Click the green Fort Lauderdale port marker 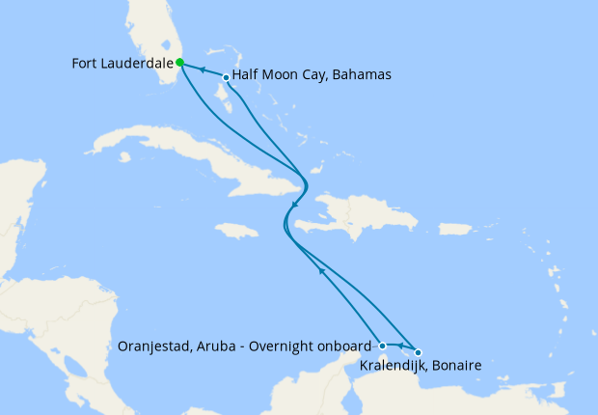point(180,63)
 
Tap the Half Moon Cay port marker point(226,77)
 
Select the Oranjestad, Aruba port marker point(383,346)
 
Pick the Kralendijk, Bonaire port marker point(418,352)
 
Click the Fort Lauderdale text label point(122,63)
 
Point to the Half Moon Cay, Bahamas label point(311,76)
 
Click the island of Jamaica point(236,231)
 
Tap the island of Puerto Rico point(454,229)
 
